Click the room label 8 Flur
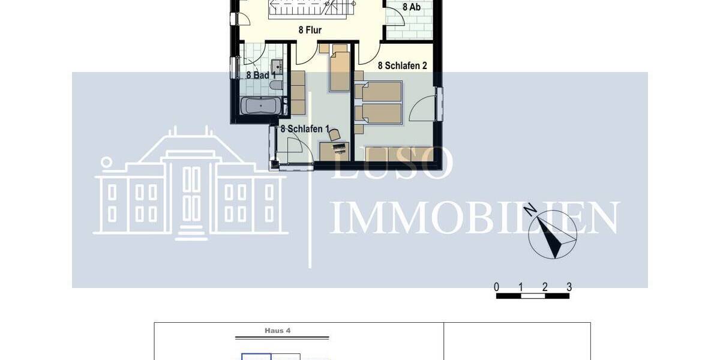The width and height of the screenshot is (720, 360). [310, 30]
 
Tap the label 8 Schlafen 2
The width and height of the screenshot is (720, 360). [402, 65]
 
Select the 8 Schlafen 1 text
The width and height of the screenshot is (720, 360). [305, 128]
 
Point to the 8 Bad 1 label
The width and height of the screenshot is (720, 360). [260, 76]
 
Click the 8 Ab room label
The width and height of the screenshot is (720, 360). [411, 7]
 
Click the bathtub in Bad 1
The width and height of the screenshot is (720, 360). [260, 107]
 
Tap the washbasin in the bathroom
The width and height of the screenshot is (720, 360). [277, 65]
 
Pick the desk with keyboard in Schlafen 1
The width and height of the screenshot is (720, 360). [334, 151]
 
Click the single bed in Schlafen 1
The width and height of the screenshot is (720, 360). [340, 71]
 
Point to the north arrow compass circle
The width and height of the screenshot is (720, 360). [553, 235]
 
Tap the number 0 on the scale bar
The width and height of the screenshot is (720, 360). [496, 287]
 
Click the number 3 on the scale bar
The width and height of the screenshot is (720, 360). [569, 287]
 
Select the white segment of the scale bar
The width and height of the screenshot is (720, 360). [532, 296]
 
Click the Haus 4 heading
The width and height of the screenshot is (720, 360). [277, 331]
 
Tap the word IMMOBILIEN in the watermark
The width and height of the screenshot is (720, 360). [474, 217]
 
